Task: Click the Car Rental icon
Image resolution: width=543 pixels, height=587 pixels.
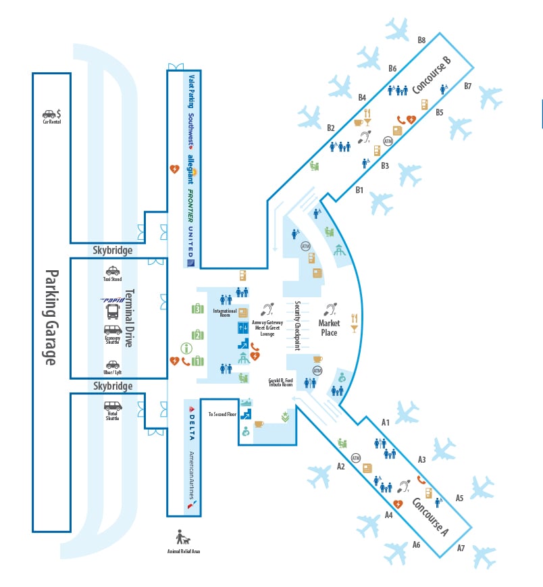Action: pyautogui.click(x=50, y=114)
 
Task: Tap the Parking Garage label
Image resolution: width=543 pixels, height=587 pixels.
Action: pyautogui.click(x=51, y=317)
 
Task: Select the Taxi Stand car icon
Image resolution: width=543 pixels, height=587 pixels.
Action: pyautogui.click(x=113, y=270)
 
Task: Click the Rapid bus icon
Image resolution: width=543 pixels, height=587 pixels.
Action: pyautogui.click(x=113, y=311)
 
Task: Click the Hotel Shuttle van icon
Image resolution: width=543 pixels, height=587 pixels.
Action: pyautogui.click(x=113, y=407)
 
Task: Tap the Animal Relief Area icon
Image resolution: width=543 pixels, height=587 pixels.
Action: pyautogui.click(x=183, y=538)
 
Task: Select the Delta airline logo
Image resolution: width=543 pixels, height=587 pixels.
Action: pyautogui.click(x=192, y=422)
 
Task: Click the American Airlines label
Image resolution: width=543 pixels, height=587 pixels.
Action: pyautogui.click(x=192, y=473)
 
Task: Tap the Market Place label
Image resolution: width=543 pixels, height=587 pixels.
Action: pyautogui.click(x=329, y=328)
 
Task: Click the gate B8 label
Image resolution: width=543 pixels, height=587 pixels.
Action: pyautogui.click(x=421, y=40)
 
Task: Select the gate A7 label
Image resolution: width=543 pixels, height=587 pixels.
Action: pyautogui.click(x=461, y=548)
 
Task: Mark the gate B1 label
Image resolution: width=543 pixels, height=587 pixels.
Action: pyautogui.click(x=359, y=190)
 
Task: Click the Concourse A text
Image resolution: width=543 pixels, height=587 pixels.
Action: pyautogui.click(x=430, y=515)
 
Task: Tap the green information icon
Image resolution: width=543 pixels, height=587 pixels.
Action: pyautogui.click(x=186, y=349)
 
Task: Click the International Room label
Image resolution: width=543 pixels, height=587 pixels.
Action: pyautogui.click(x=225, y=312)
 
